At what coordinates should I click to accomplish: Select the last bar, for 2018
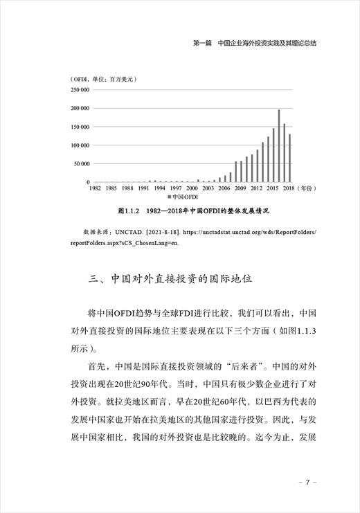(x=290, y=158)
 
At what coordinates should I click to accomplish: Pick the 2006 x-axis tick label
(x=224, y=188)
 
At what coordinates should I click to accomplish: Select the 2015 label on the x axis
(x=273, y=188)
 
